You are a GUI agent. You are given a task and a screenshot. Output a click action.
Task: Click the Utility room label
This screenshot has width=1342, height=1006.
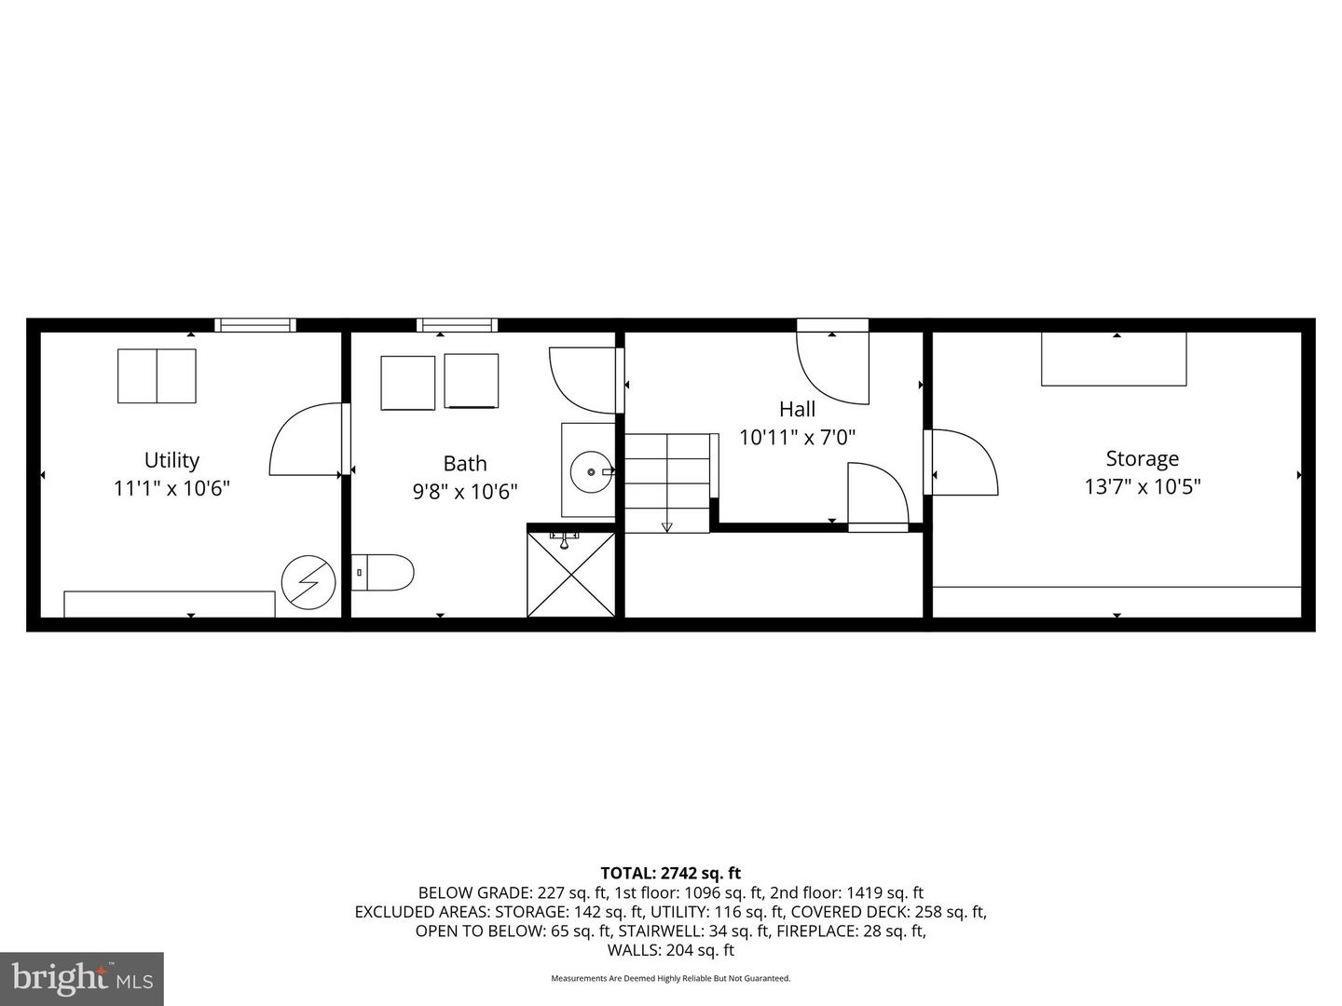pyautogui.click(x=171, y=460)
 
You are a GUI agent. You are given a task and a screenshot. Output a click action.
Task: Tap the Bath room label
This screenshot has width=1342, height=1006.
pyautogui.click(x=464, y=463)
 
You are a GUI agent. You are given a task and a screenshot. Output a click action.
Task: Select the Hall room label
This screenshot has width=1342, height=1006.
pyautogui.click(x=797, y=409)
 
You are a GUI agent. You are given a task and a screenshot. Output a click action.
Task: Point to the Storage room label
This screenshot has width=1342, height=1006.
pyautogui.click(x=1142, y=458)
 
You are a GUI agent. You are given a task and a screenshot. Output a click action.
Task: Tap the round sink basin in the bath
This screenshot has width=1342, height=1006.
pyautogui.click(x=590, y=471)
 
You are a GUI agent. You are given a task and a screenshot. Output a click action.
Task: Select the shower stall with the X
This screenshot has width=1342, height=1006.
pyautogui.click(x=571, y=574)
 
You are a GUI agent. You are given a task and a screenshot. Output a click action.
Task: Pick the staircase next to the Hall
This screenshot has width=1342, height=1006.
pyautogui.click(x=666, y=483)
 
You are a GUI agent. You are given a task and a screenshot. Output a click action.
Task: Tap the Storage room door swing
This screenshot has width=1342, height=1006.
pyautogui.click(x=963, y=462)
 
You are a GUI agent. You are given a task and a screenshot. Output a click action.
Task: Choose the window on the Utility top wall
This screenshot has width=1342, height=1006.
pyautogui.click(x=255, y=325)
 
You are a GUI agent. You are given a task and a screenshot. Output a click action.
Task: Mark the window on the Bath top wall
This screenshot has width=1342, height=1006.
pyautogui.click(x=457, y=325)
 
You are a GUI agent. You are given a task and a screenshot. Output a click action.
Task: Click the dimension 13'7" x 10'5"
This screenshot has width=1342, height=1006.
pyautogui.click(x=1142, y=486)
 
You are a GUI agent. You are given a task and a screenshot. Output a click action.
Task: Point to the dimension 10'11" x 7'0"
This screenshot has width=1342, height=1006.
pyautogui.click(x=797, y=437)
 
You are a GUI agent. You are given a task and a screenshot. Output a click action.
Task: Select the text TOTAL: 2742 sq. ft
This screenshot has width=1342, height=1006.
pyautogui.click(x=670, y=873)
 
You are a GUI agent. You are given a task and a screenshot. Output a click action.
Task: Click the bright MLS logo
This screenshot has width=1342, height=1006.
pyautogui.click(x=82, y=978)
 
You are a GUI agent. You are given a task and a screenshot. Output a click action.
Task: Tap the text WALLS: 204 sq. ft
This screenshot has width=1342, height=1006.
pyautogui.click(x=670, y=950)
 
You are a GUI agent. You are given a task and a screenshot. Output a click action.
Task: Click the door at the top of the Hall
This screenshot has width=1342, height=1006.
pyautogui.click(x=832, y=363)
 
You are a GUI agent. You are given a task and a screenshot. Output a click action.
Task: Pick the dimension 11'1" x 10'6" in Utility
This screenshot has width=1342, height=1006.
pyautogui.click(x=171, y=488)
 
